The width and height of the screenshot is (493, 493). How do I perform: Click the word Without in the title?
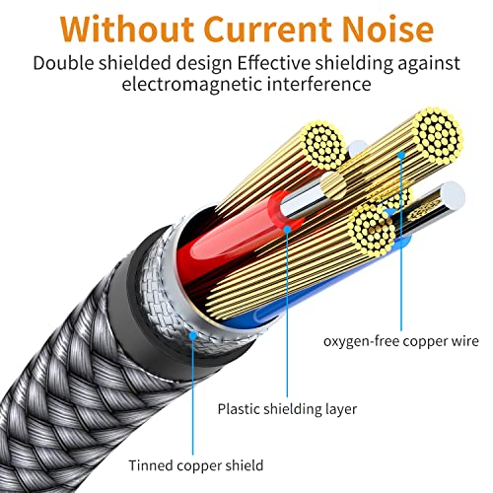tap(121, 26)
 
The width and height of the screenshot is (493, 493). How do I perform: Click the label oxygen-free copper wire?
tap(401, 342)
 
